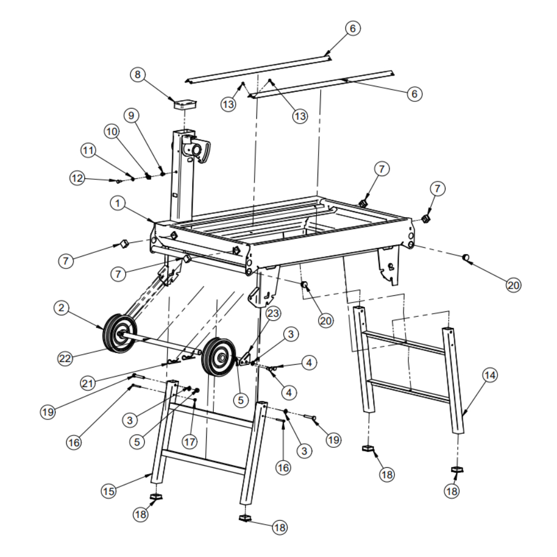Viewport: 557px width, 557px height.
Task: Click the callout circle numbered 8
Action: click(138, 75)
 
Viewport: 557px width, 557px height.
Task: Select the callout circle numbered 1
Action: click(118, 203)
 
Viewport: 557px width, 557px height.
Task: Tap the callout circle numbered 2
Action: click(61, 307)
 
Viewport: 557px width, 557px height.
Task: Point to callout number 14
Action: click(490, 375)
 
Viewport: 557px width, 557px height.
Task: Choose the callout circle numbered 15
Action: click(109, 491)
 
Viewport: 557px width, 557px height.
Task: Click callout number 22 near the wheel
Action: click(65, 358)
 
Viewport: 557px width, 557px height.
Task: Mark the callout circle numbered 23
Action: click(273, 313)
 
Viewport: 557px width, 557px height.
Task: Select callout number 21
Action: click(88, 383)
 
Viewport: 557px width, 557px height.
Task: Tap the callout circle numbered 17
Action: click(189, 442)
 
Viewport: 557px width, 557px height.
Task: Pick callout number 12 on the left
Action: click(77, 178)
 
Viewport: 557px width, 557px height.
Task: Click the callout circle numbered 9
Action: click(131, 115)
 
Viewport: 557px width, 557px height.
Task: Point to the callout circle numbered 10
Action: click(111, 131)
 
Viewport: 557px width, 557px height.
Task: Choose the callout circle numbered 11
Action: click(88, 150)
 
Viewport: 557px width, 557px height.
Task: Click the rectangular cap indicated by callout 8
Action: click(185, 104)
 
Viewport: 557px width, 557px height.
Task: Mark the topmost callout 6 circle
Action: click(353, 28)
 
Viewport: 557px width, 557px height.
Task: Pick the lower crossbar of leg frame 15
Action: click(203, 462)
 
